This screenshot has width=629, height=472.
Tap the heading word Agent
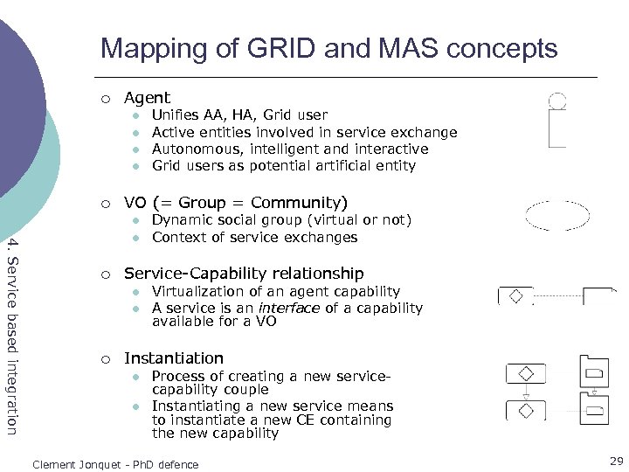point(147,98)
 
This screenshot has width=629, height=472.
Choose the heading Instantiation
point(174,358)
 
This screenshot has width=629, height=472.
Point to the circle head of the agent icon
point(556,101)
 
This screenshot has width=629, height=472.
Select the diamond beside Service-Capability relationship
point(515,296)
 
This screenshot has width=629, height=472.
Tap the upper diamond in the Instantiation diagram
point(526,373)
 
